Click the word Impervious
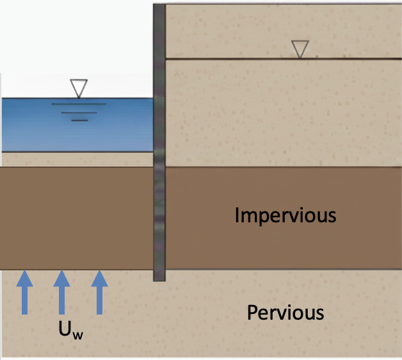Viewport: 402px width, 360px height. click(285, 215)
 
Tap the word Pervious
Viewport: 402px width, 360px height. click(285, 313)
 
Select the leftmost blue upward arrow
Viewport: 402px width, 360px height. click(24, 293)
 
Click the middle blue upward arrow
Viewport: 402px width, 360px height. click(61, 293)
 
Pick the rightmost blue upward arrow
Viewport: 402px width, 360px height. click(99, 293)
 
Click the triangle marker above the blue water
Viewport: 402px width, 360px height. click(79, 88)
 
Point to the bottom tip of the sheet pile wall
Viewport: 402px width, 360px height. click(159, 279)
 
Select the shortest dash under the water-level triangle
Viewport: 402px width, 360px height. click(79, 120)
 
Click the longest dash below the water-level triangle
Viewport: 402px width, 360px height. click(79, 105)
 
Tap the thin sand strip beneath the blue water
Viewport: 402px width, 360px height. click(77, 160)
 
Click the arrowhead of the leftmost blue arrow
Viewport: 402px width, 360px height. click(24, 277)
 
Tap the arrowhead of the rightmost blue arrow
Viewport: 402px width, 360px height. click(99, 277)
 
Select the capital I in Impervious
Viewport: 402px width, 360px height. click(237, 215)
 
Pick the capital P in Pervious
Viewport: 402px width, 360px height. click(252, 313)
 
